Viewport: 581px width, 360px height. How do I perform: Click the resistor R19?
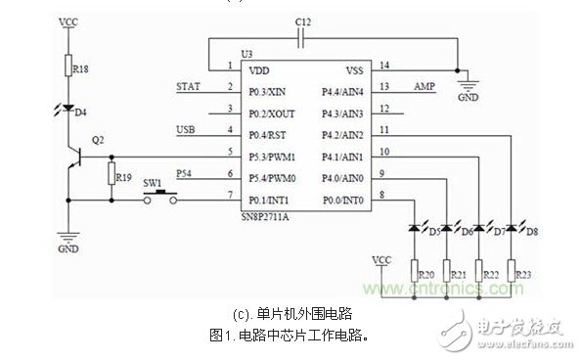[x=111, y=175]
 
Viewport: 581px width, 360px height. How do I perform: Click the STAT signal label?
[x=188, y=86]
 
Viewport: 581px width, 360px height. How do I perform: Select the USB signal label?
[x=186, y=130]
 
